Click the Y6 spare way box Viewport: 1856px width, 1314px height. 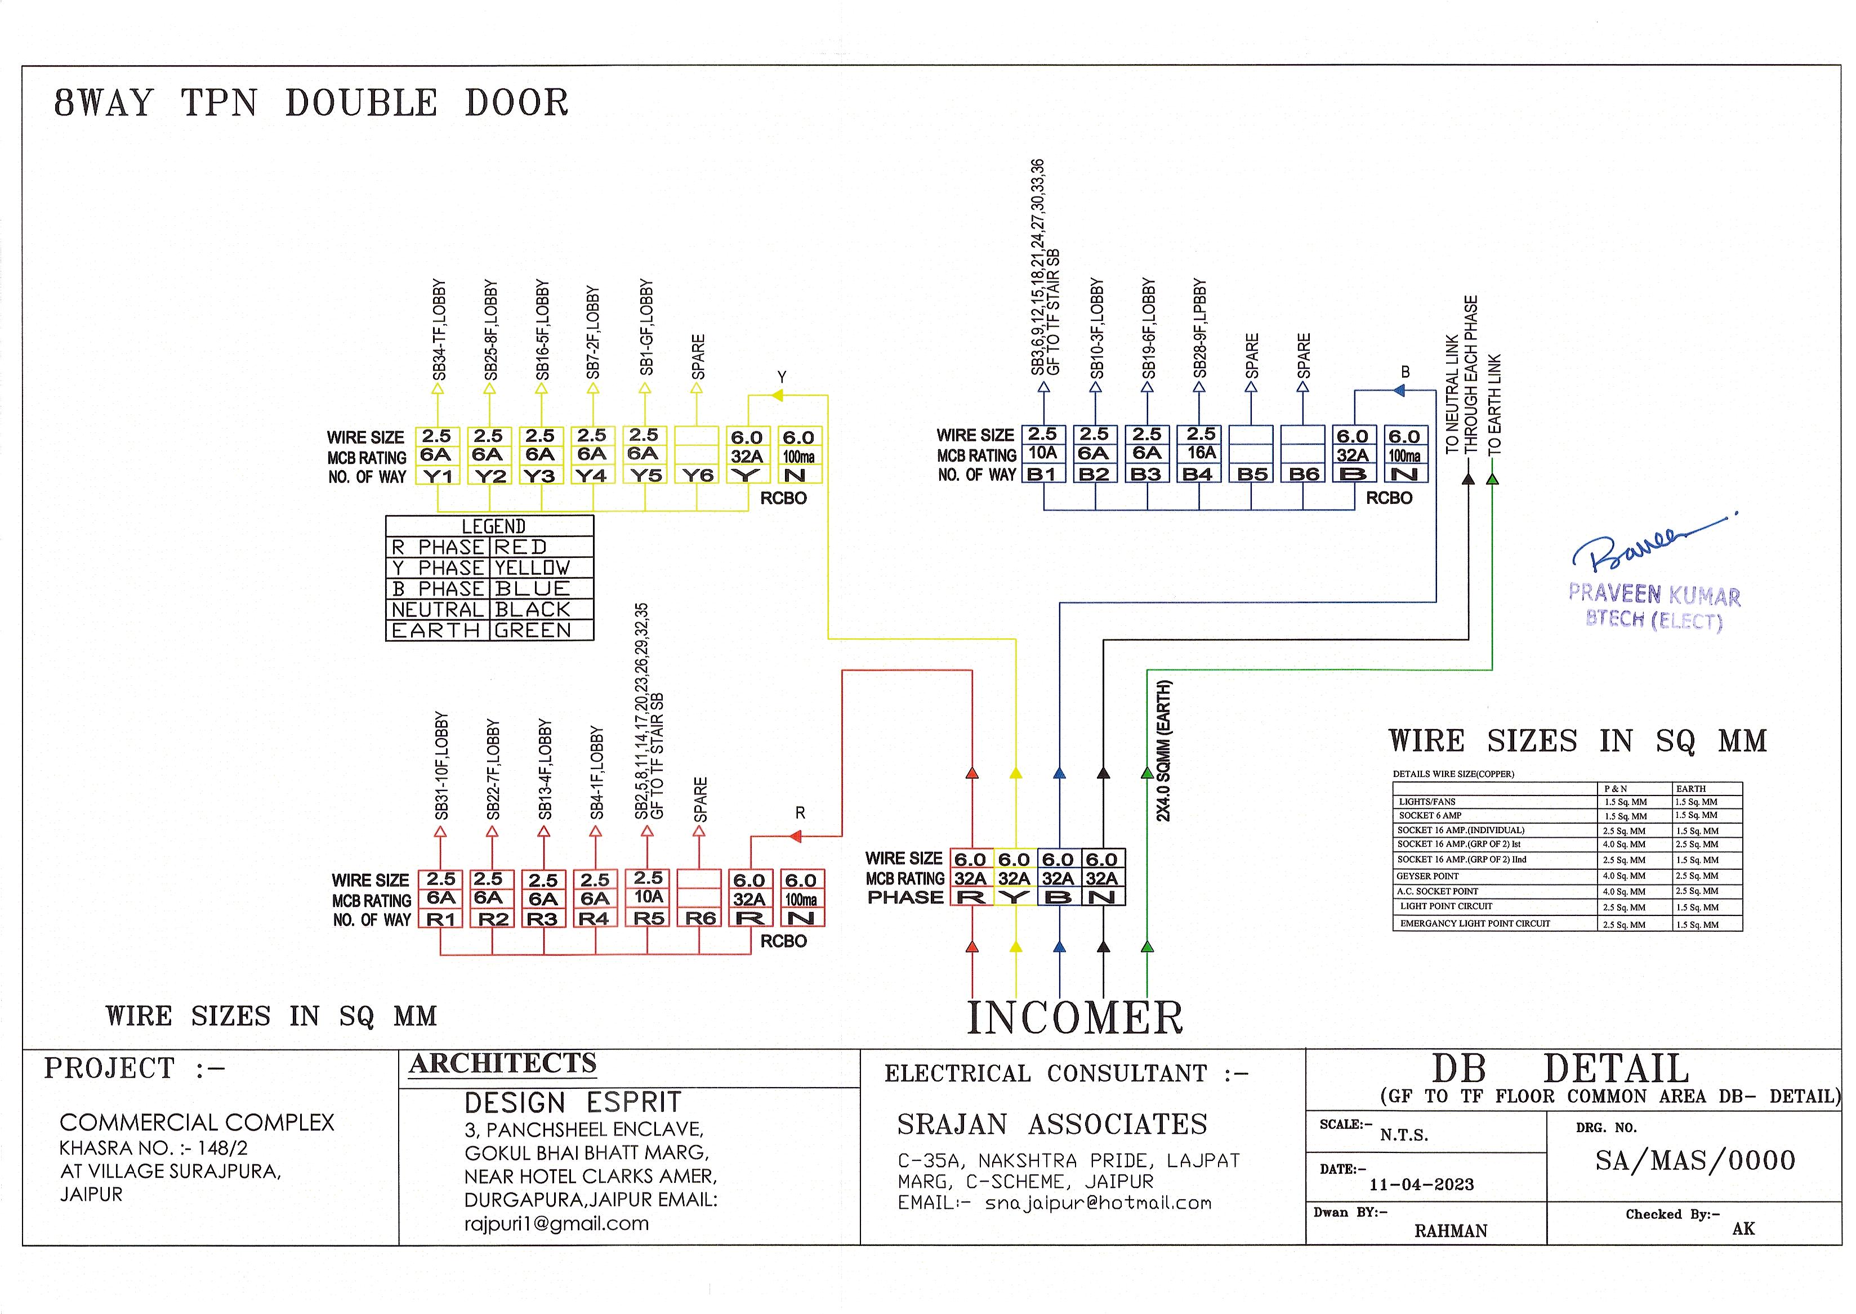[698, 476]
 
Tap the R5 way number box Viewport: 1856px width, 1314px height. [648, 918]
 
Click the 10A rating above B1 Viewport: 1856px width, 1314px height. [1043, 453]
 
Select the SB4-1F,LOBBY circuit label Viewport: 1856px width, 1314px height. [596, 773]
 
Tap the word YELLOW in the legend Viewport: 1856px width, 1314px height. [532, 568]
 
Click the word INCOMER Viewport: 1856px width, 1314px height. [1075, 1018]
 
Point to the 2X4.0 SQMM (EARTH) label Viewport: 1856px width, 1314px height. [1163, 752]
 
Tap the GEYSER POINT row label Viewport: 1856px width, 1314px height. [1427, 875]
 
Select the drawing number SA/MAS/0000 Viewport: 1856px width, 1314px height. [1695, 1161]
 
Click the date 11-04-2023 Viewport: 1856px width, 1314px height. [1421, 1185]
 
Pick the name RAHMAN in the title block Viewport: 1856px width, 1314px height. [1451, 1231]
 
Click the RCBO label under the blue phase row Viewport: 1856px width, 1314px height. [1389, 498]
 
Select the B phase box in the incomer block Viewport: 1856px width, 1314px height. [1058, 897]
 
